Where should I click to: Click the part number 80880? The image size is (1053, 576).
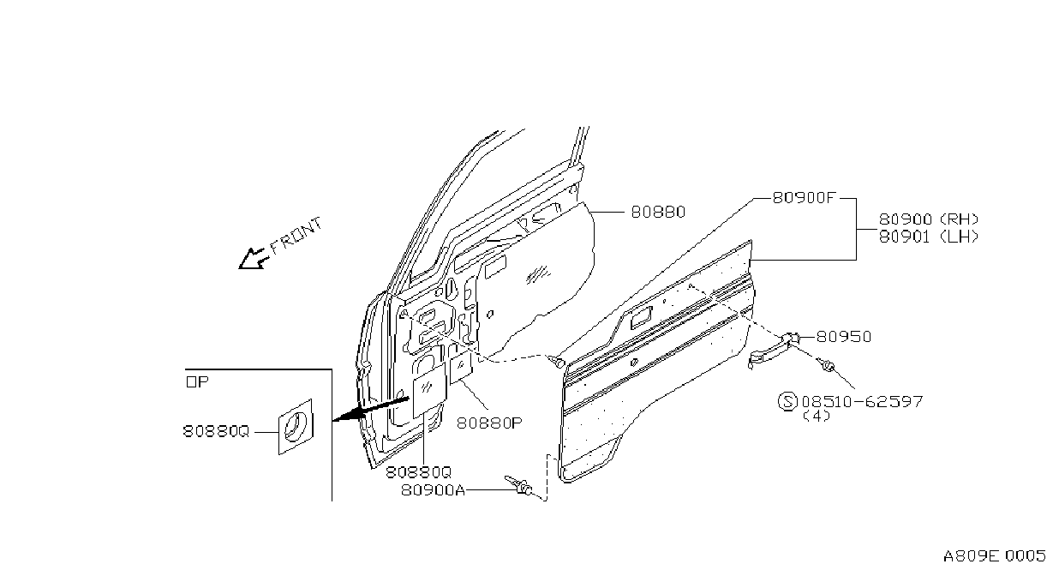tap(658, 212)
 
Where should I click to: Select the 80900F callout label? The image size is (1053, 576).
tap(804, 198)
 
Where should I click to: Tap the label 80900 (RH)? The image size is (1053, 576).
tap(929, 219)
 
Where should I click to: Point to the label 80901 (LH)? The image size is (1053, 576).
tap(929, 237)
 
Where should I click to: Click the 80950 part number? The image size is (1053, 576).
tap(844, 337)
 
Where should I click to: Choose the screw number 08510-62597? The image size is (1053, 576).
tap(862, 401)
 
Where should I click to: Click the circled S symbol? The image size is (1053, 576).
tap(787, 401)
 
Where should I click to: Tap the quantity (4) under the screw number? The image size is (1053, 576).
tap(817, 416)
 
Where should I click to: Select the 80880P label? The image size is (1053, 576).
tap(489, 423)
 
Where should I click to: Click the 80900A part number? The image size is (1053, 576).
tap(433, 490)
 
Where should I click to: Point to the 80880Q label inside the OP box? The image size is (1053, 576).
tap(216, 431)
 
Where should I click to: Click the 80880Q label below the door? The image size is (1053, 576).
tap(418, 471)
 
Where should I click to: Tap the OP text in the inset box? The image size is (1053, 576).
tap(197, 381)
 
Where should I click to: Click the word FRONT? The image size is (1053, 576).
tap(296, 235)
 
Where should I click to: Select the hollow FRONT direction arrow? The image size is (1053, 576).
tap(254, 259)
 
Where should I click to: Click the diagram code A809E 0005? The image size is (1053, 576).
tap(994, 556)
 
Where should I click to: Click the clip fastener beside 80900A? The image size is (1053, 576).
tap(518, 485)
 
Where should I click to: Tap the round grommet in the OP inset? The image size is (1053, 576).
tap(296, 426)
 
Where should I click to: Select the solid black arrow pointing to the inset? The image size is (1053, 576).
tap(370, 409)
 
